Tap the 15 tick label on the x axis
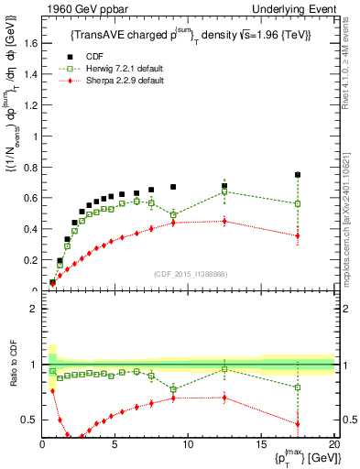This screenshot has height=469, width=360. click(261, 446)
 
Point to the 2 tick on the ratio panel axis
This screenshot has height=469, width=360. click(35, 309)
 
